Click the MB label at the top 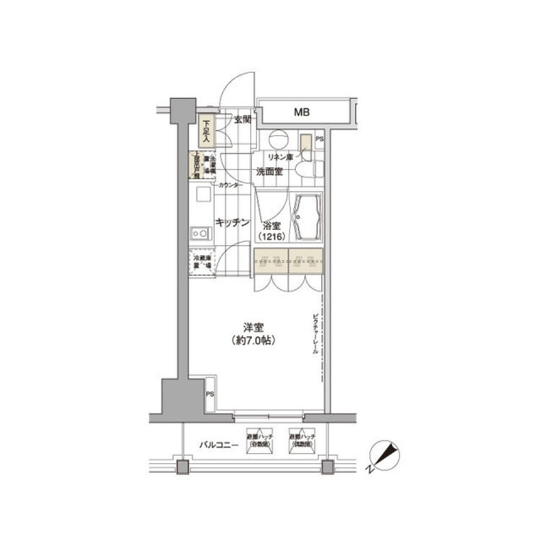[301, 113]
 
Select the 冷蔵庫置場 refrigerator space [202, 262]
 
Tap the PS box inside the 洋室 [209, 393]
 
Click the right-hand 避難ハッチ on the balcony [302, 440]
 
